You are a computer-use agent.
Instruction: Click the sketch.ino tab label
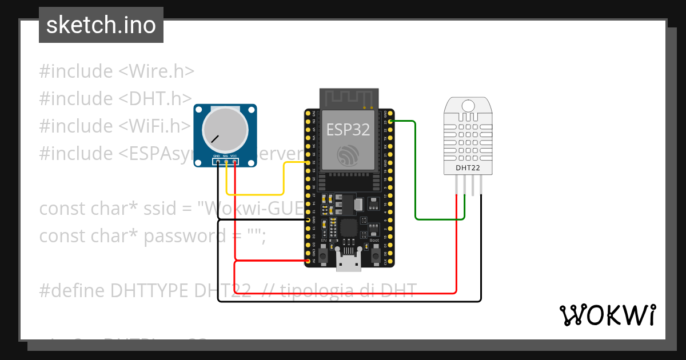pos(101,25)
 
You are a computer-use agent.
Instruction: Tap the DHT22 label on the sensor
pos(468,168)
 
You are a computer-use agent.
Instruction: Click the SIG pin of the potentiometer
pos(226,162)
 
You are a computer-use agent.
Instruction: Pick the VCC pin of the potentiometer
pos(235,162)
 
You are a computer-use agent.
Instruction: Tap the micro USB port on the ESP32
pos(349,263)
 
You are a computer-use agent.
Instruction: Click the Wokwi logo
pos(607,315)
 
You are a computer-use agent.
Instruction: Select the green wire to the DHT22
pos(416,171)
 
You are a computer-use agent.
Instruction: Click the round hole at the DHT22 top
pos(468,106)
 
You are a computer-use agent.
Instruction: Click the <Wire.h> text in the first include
pos(156,71)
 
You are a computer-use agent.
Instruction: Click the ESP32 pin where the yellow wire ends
pos(308,163)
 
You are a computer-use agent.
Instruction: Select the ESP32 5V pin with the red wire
pos(308,261)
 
